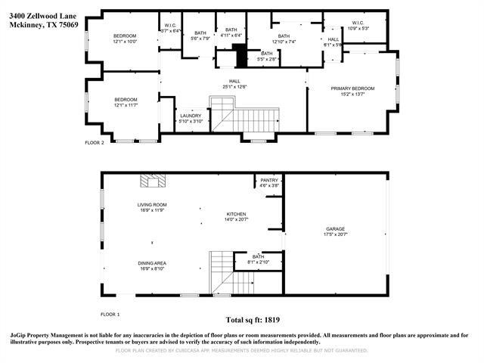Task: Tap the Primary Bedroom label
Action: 352,92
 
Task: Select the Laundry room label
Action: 191,118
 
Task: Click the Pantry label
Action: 269,182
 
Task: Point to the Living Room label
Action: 151,207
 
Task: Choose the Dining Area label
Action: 151,265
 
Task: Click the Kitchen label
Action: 236,217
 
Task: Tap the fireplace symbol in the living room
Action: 153,180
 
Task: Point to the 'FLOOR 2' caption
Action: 95,141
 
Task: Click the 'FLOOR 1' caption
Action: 110,313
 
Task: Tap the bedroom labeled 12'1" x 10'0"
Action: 125,39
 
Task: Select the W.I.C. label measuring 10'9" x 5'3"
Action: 357,26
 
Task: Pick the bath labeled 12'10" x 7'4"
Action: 284,39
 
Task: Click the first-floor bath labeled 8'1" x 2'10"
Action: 258,259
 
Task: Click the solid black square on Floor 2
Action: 240,56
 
